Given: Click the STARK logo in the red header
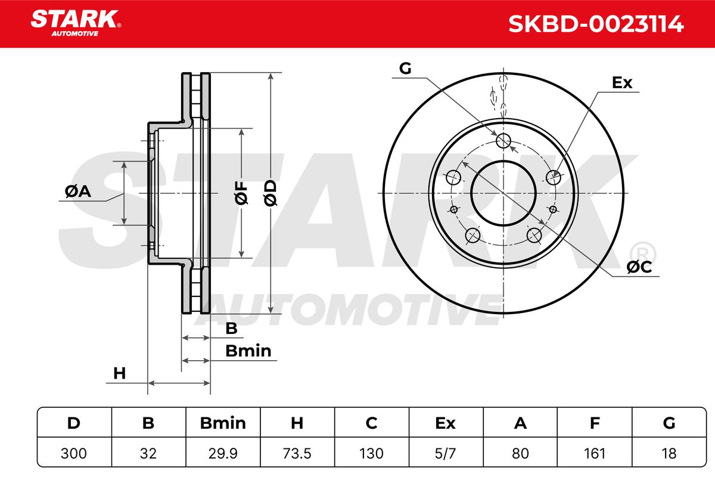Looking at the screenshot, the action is point(76,23).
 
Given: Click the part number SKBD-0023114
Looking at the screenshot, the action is point(596,24).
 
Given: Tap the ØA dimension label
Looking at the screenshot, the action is point(78,192).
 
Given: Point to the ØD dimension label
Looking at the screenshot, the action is point(271,193).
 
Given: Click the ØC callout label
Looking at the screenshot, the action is point(639,267).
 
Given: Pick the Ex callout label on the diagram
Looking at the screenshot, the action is point(622,83).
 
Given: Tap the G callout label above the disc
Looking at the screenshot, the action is point(405,69).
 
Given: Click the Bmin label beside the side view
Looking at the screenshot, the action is point(248,351).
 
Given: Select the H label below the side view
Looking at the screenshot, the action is point(119,373).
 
